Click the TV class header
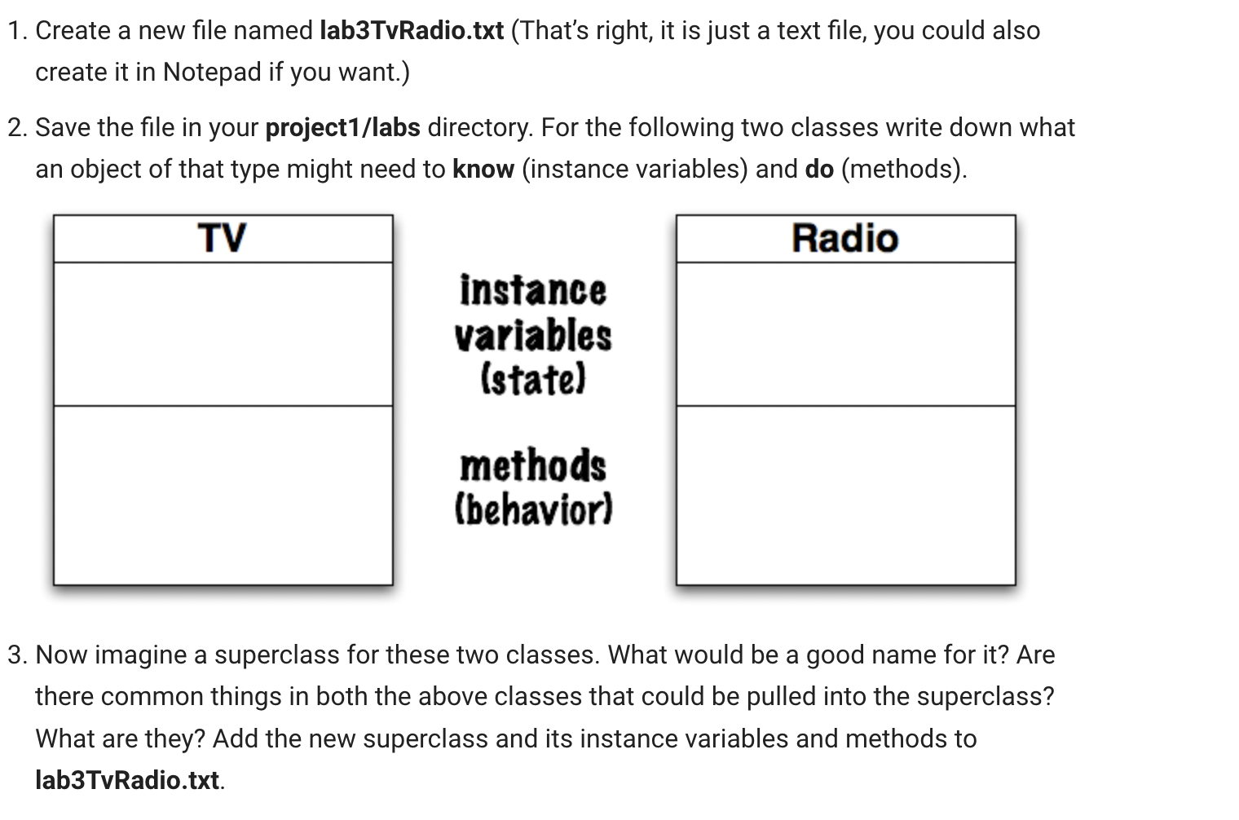click(222, 239)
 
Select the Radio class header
click(845, 239)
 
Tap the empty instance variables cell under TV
click(223, 333)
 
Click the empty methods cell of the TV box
click(223, 494)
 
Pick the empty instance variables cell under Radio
click(845, 333)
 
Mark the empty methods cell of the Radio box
click(845, 494)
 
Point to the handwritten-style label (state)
click(533, 379)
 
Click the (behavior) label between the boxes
click(533, 509)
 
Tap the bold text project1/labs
click(342, 128)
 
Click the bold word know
click(483, 170)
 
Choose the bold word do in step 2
click(819, 170)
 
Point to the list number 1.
click(16, 31)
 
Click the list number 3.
click(16, 655)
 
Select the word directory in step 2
click(478, 128)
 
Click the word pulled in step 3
click(781, 697)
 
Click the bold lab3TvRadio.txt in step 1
click(412, 31)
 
